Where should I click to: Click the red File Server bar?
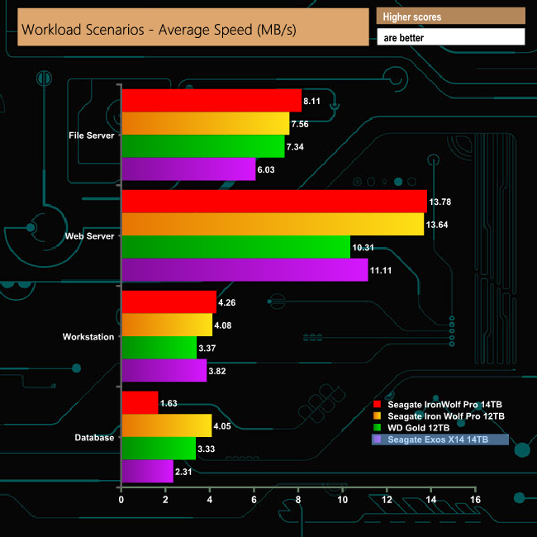[211, 100]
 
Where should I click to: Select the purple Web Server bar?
[245, 269]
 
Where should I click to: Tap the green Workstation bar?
[159, 348]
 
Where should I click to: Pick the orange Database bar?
[166, 425]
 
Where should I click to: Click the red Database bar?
[140, 403]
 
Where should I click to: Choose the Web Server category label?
[90, 236]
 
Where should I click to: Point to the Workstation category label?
[88, 336]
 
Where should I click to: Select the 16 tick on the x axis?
[474, 500]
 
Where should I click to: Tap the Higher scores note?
[412, 17]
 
